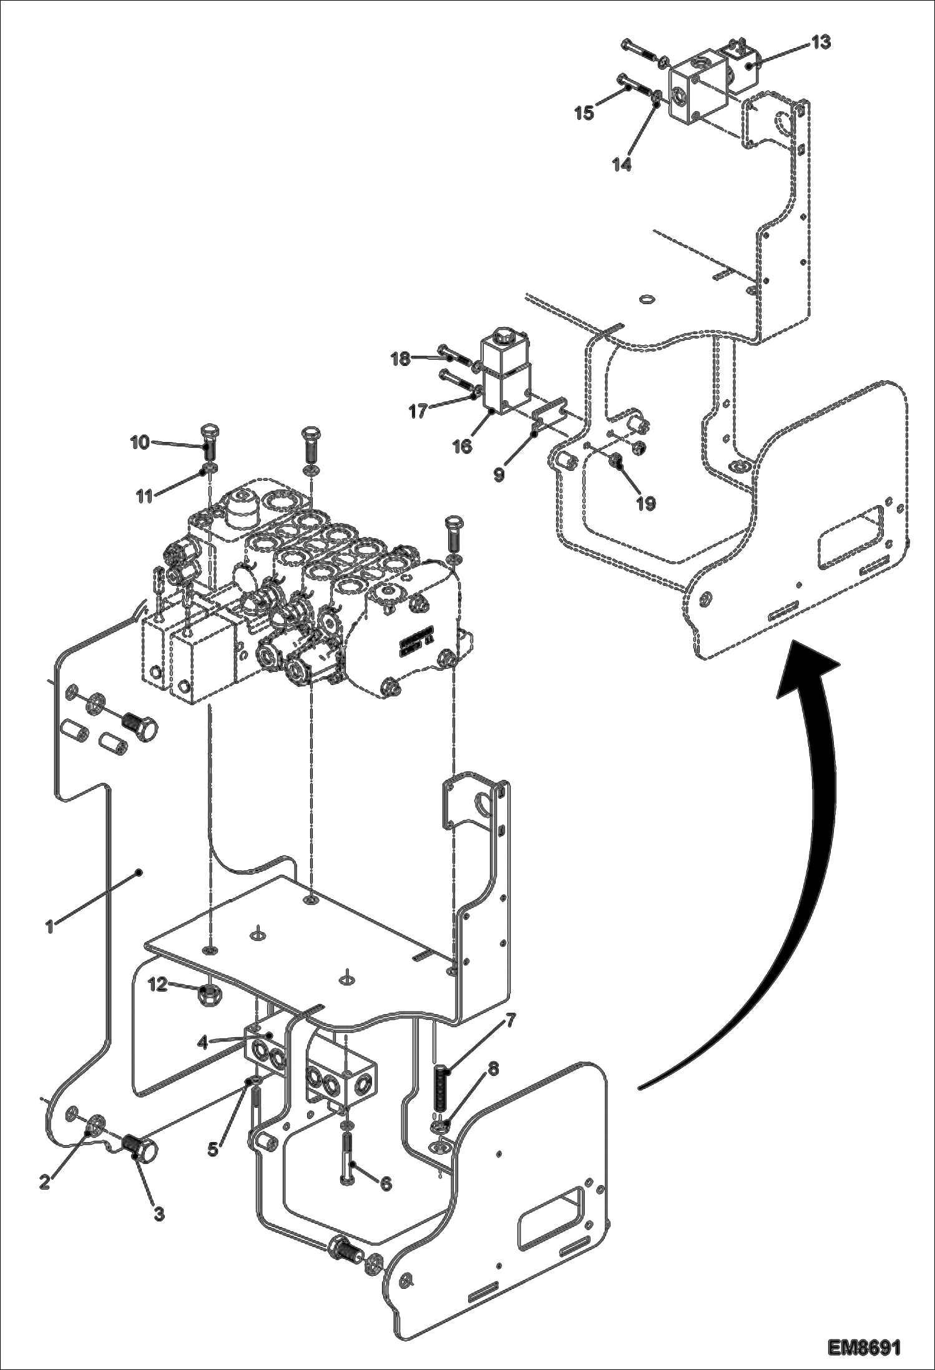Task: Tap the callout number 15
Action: coord(585,114)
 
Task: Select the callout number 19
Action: coord(646,503)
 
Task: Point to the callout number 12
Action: coord(157,984)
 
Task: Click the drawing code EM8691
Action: coord(864,1343)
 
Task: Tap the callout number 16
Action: coord(463,446)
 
